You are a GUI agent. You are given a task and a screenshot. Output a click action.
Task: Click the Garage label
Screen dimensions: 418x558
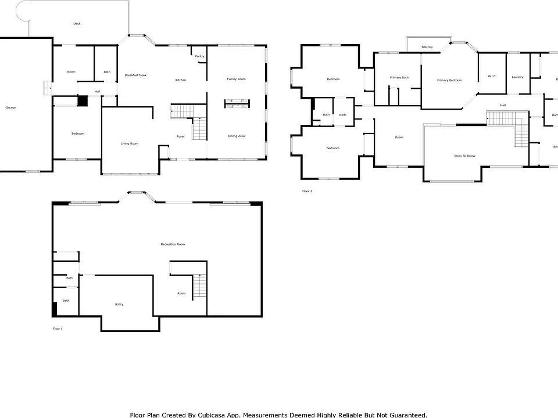tap(10, 108)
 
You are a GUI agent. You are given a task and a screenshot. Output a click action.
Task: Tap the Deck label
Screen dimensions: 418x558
tap(77, 24)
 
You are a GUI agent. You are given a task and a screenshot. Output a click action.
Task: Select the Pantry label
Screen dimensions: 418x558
tap(200, 56)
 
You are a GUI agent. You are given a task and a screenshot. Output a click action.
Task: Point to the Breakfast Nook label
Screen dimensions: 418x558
tap(135, 75)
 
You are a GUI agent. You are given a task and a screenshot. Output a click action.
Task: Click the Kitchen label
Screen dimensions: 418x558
tap(181, 80)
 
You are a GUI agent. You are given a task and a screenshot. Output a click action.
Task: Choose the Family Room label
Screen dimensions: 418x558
tap(236, 79)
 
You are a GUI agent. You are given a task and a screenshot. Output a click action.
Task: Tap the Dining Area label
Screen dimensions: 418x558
tap(236, 136)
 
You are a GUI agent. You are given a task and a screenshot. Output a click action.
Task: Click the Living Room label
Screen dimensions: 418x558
tap(129, 143)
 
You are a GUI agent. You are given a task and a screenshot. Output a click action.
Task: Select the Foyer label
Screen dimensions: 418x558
tap(181, 136)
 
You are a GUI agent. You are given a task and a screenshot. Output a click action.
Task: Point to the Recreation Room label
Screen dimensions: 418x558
tap(173, 244)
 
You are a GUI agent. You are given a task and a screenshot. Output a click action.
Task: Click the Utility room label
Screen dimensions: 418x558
tap(119, 304)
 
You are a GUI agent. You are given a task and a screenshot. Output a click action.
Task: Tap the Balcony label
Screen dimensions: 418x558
tap(427, 47)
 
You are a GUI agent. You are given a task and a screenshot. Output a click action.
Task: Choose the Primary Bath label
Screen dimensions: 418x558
tap(399, 78)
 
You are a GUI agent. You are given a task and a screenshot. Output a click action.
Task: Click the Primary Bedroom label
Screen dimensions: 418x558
tap(449, 80)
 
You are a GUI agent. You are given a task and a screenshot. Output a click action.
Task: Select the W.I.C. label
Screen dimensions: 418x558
tap(491, 77)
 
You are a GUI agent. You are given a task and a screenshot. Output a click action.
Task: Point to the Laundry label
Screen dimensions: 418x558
tap(517, 77)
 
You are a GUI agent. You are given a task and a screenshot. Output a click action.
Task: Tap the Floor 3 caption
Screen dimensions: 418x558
tap(307, 191)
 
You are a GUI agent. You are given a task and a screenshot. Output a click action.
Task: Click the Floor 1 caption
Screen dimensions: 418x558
tap(58, 329)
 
